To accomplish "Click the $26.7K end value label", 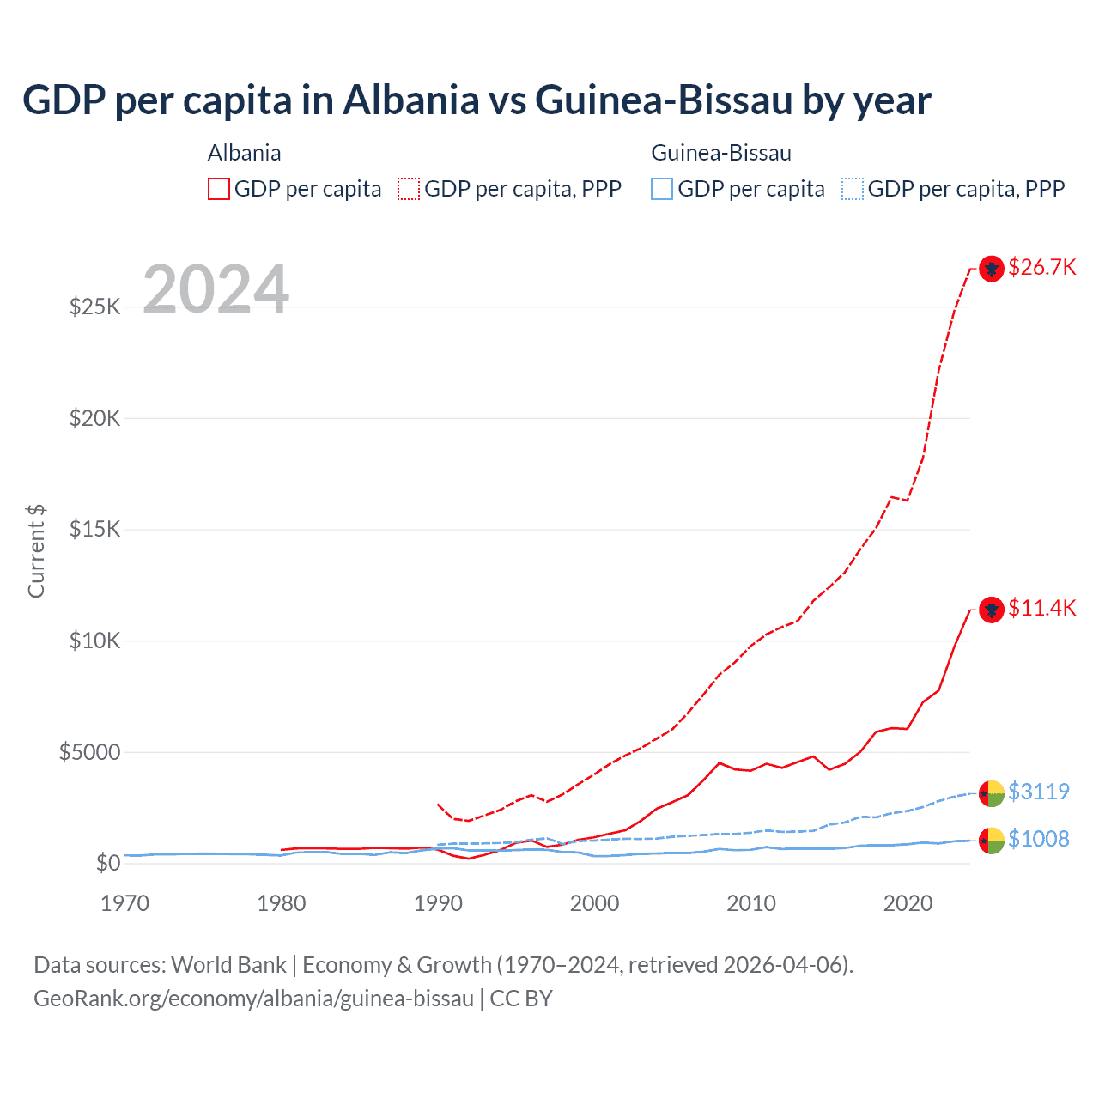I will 1041,267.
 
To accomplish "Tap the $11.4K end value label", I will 1041,608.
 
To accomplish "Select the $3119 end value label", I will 1038,791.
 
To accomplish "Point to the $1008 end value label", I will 1038,839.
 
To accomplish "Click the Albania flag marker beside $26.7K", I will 992,269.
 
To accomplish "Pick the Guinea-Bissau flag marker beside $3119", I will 992,793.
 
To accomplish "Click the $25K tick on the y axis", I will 94,307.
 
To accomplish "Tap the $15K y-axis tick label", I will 94,529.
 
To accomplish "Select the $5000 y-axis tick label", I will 89,752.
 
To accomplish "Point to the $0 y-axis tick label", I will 107,863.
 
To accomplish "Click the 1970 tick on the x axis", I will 124,903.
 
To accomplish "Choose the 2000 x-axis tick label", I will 594,903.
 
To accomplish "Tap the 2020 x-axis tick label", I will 908,903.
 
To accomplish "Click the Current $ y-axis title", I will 36,551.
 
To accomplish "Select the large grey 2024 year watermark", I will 216,289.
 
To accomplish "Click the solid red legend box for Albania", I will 219,189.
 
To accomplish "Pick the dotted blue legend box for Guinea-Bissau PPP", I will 852,189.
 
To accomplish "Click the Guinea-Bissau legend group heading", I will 721,153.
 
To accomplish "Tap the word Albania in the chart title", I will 411,100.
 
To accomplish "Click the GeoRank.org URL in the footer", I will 253,999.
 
